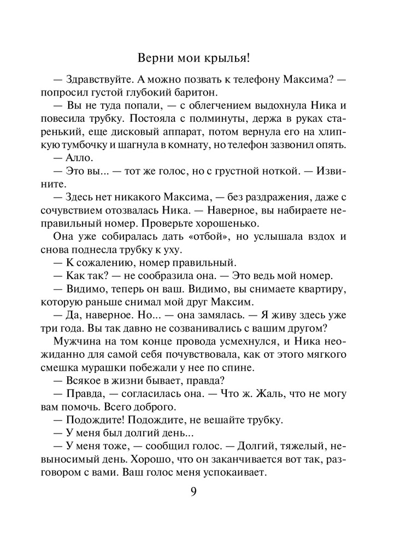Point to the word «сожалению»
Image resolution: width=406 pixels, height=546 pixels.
(x=107, y=262)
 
